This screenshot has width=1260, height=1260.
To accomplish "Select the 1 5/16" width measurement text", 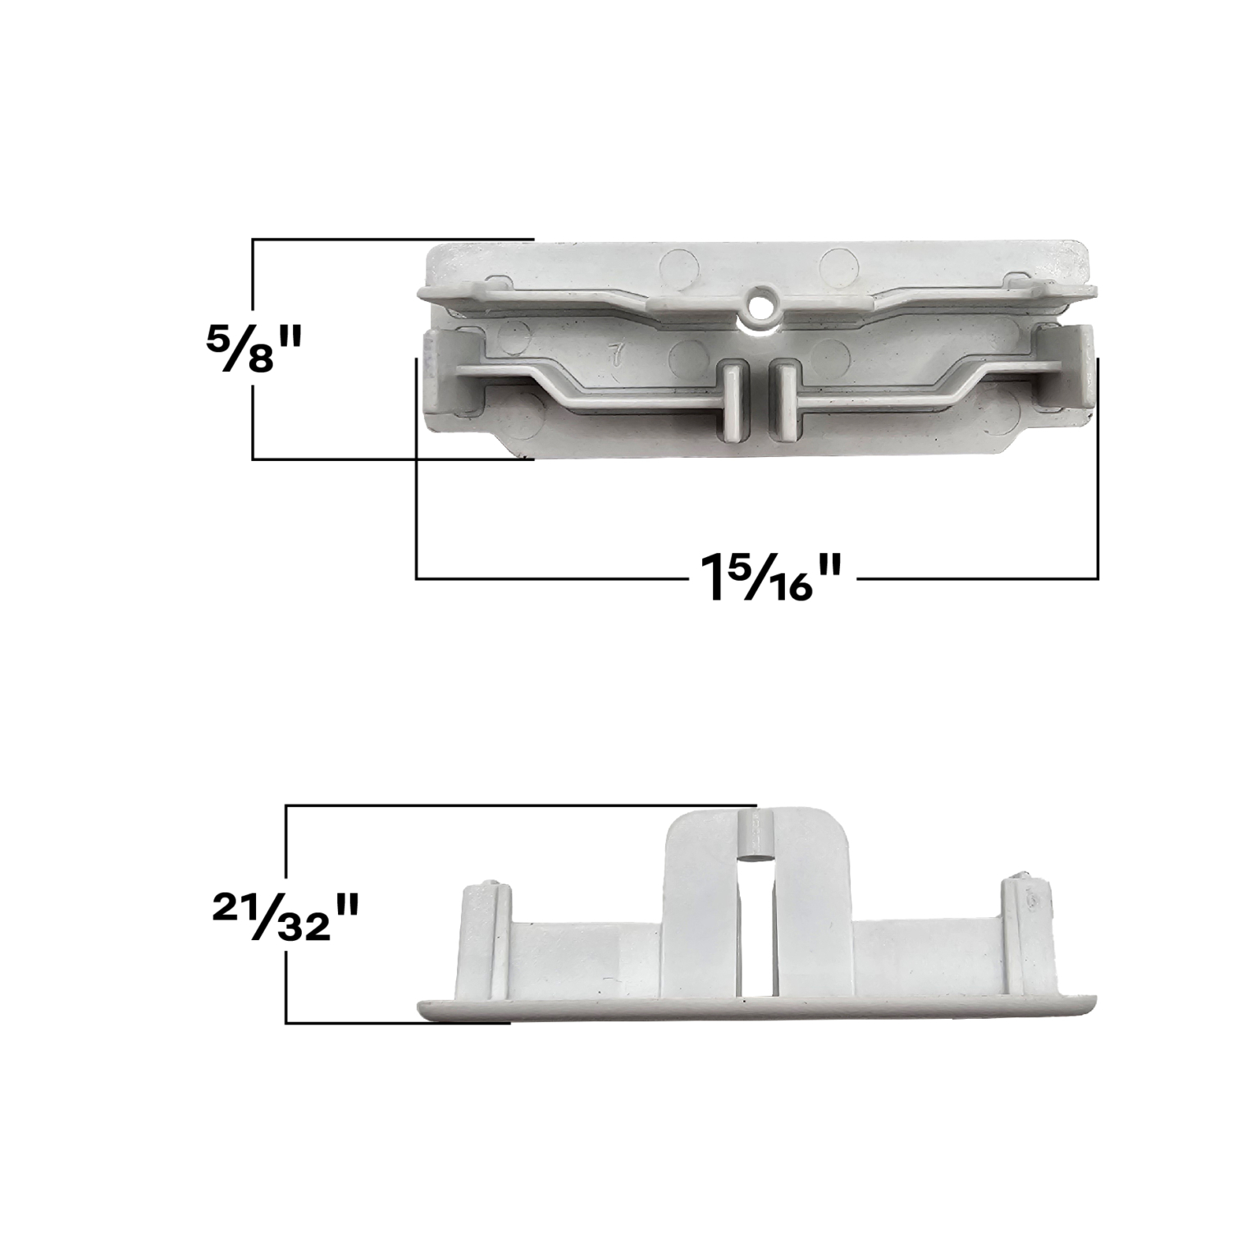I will (x=772, y=578).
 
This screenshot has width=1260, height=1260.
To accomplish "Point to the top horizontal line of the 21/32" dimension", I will (x=517, y=806).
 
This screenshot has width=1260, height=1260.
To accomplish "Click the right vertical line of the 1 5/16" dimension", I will (x=1098, y=468).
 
